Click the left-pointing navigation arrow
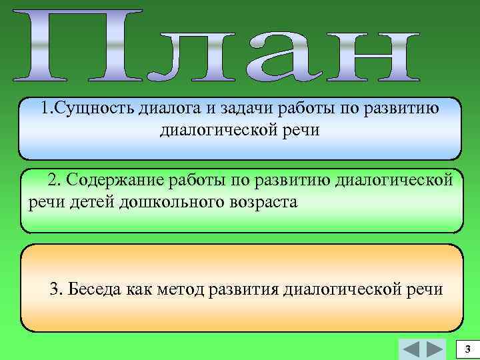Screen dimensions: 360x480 click(412, 349)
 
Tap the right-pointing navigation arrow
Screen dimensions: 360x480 click(435, 349)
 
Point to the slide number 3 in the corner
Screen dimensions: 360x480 click(467, 350)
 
